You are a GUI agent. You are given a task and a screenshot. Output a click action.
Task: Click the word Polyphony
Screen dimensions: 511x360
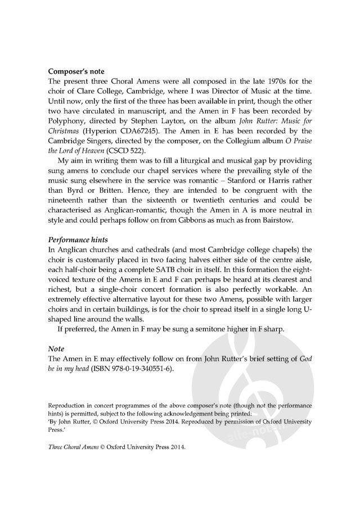tap(68, 119)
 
